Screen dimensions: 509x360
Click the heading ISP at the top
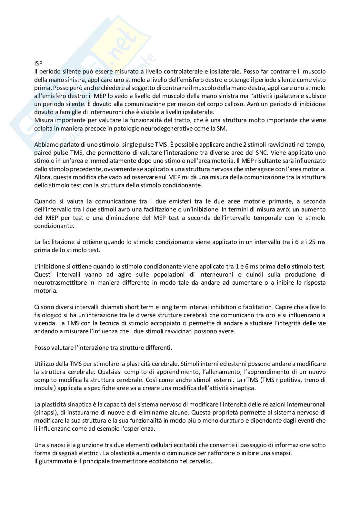[x=38, y=63]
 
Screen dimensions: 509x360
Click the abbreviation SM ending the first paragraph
[x=227, y=128]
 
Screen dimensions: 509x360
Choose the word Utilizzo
[x=44, y=364]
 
